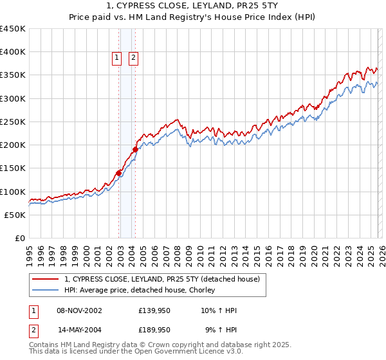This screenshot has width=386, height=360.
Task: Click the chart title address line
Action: (193, 6)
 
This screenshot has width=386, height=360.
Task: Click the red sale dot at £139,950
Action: (119, 173)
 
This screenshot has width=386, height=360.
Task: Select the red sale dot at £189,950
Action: (136, 149)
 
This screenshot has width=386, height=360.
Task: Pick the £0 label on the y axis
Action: (21, 238)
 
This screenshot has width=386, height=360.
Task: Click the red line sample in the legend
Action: (46, 279)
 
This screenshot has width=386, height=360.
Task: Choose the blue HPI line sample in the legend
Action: (46, 290)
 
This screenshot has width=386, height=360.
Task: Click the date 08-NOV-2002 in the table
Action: (79, 310)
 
